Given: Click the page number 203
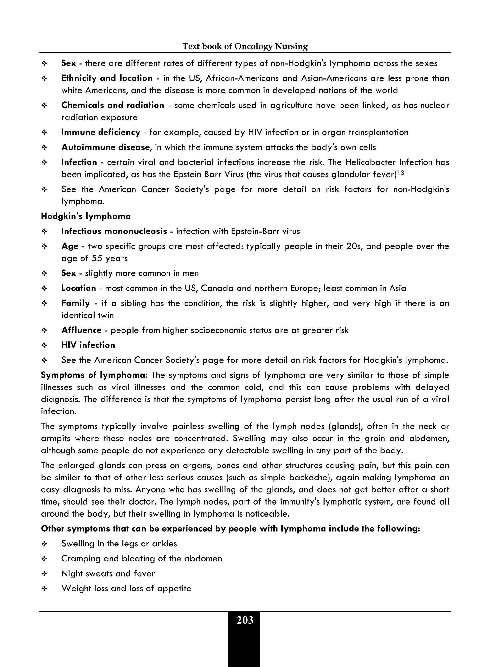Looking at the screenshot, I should (x=245, y=620).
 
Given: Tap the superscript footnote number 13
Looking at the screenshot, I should (x=401, y=172).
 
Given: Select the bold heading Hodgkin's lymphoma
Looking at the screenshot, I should (x=86, y=216).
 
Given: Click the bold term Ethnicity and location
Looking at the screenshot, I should (x=107, y=78).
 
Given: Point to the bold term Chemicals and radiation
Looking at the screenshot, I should (x=112, y=105).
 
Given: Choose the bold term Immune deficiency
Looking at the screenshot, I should (x=100, y=132).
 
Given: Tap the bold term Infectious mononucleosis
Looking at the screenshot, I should (x=114, y=231).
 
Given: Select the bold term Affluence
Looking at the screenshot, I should (x=81, y=330).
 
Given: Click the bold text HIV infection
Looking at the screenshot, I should (x=88, y=345).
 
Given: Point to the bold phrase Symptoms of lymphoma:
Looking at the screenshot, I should (x=94, y=375).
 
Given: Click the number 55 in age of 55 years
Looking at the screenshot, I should (x=97, y=258).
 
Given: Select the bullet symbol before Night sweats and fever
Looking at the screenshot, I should (x=45, y=574).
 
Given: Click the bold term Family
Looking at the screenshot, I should (x=75, y=303).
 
